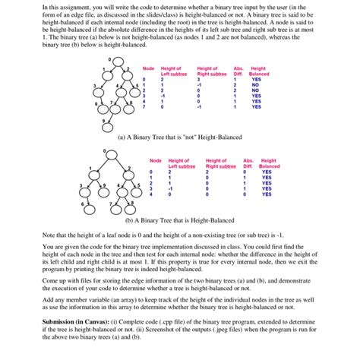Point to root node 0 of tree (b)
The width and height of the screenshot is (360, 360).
113,156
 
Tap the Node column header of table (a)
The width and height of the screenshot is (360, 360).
148,69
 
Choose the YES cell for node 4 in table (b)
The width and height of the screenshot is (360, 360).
266,194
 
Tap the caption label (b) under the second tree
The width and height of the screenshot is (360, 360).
129,220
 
